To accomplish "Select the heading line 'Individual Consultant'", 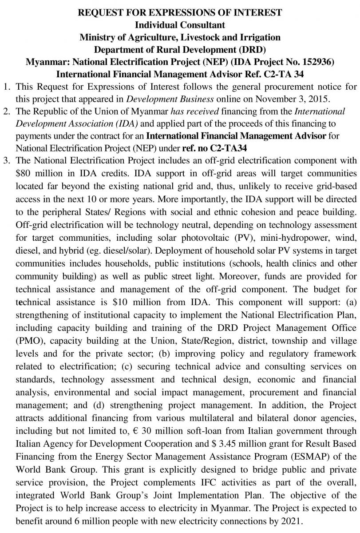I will (x=180, y=25).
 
